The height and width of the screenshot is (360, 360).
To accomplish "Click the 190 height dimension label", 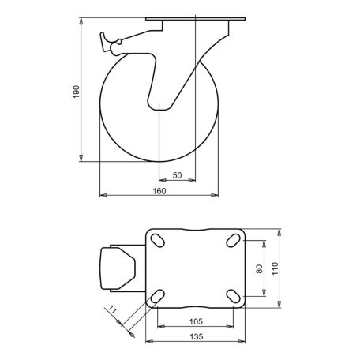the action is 76,92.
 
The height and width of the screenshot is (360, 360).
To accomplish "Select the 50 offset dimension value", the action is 177,175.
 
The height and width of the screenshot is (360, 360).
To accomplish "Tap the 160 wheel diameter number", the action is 159,191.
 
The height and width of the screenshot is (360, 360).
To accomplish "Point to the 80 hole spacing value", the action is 260,268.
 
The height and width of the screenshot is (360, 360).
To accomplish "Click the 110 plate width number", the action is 275,268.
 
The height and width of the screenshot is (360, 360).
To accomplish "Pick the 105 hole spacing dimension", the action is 196,321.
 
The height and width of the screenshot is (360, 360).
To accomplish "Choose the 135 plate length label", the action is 196,336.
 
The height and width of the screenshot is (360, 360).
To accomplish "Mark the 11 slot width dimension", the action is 113,309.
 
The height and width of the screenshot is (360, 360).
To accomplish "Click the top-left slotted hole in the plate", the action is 158,241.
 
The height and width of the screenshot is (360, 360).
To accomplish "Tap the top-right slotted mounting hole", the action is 234,241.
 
